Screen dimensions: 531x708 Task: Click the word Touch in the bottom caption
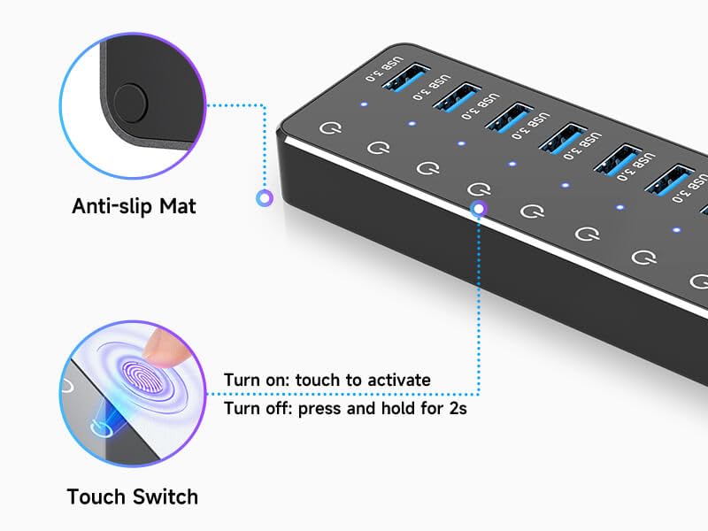[98, 496]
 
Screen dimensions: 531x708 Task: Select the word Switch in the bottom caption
[166, 496]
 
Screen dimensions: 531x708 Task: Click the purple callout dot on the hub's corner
[264, 198]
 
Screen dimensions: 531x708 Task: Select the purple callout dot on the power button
[479, 209]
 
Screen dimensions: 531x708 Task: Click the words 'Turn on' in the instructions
[256, 381]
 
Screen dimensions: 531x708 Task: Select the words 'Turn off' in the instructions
[257, 409]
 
